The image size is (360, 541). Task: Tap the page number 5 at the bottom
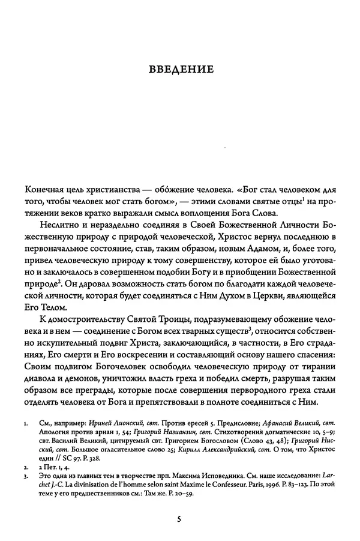[x=179, y=519]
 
